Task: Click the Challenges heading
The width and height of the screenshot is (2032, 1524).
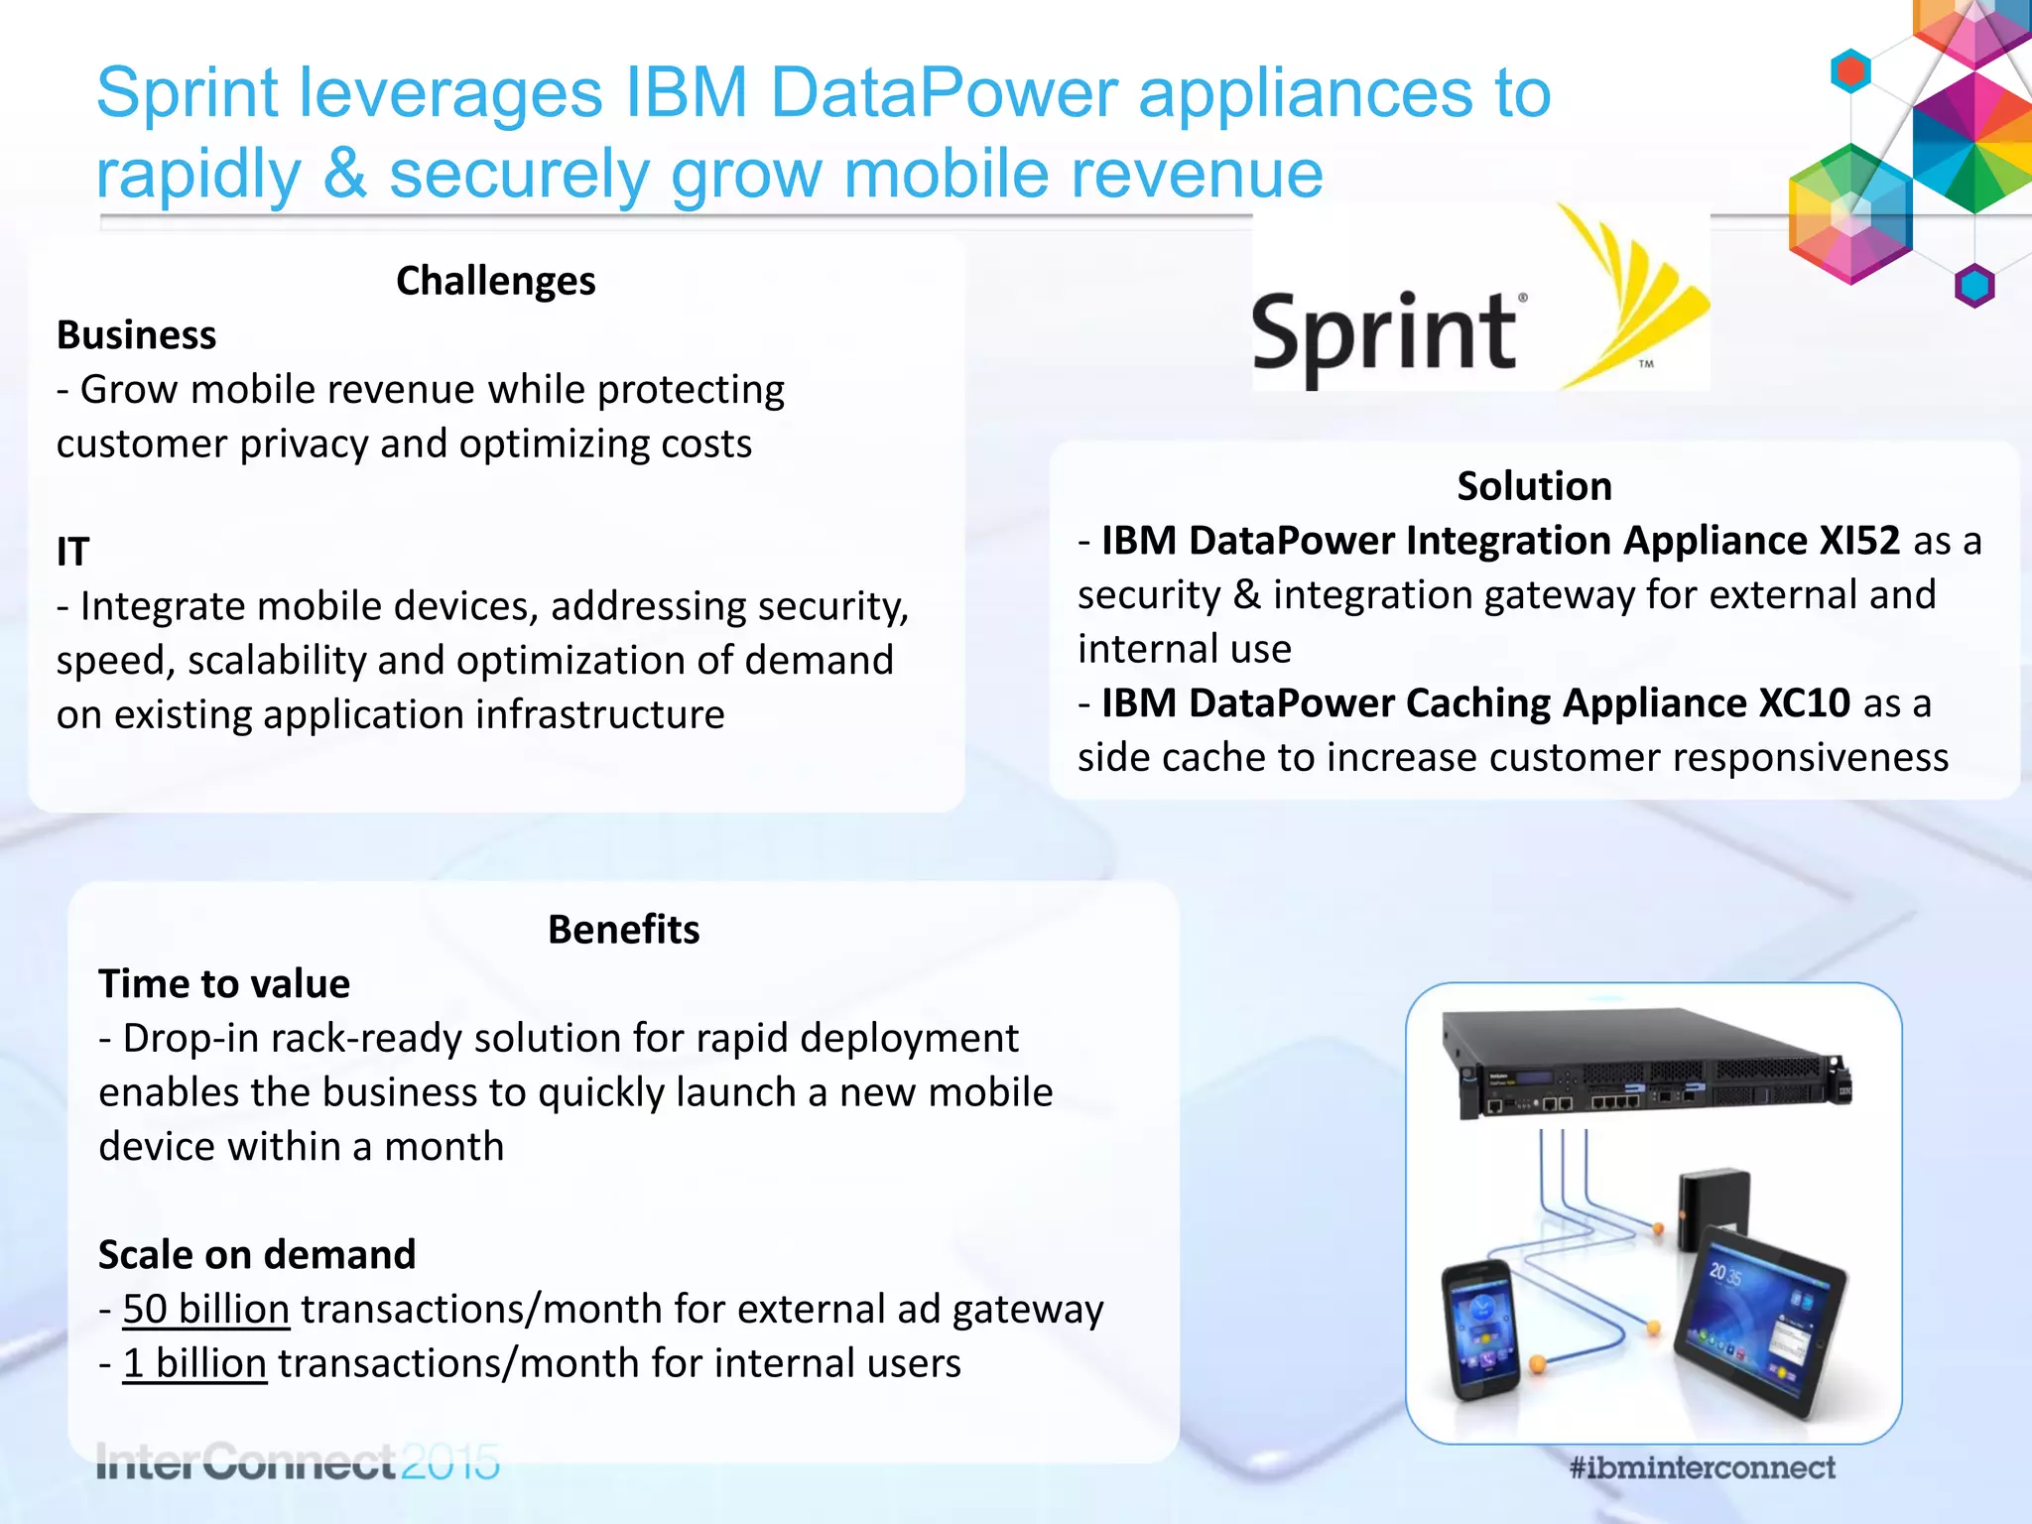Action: click(x=495, y=282)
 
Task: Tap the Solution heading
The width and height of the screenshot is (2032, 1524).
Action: click(x=1534, y=487)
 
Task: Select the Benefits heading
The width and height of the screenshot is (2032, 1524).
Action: click(x=623, y=931)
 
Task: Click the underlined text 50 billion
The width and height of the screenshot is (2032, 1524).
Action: click(x=206, y=1310)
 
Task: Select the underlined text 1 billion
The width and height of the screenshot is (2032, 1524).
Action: click(x=194, y=1364)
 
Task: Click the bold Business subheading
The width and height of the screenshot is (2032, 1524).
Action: click(x=136, y=336)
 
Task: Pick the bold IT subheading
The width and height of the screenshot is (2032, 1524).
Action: click(x=72, y=553)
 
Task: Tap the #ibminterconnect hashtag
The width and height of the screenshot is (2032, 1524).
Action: click(x=1703, y=1467)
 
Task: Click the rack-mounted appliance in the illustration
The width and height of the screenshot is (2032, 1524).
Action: click(x=1647, y=1067)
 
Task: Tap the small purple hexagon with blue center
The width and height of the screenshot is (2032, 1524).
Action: click(x=1973, y=287)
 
